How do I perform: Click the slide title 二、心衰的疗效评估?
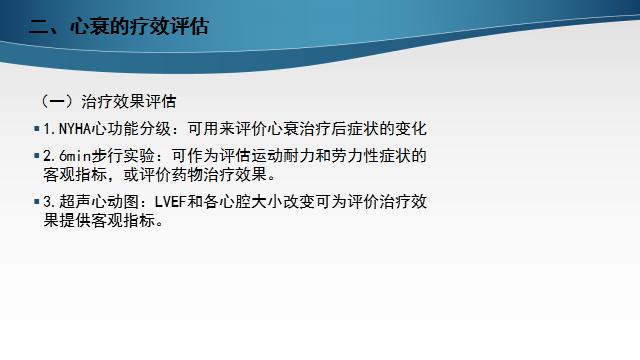click(119, 28)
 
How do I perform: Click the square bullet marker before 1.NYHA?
click(37, 129)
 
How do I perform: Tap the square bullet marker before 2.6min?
click(37, 156)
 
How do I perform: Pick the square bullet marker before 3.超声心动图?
click(37, 202)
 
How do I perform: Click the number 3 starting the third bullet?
click(47, 202)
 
